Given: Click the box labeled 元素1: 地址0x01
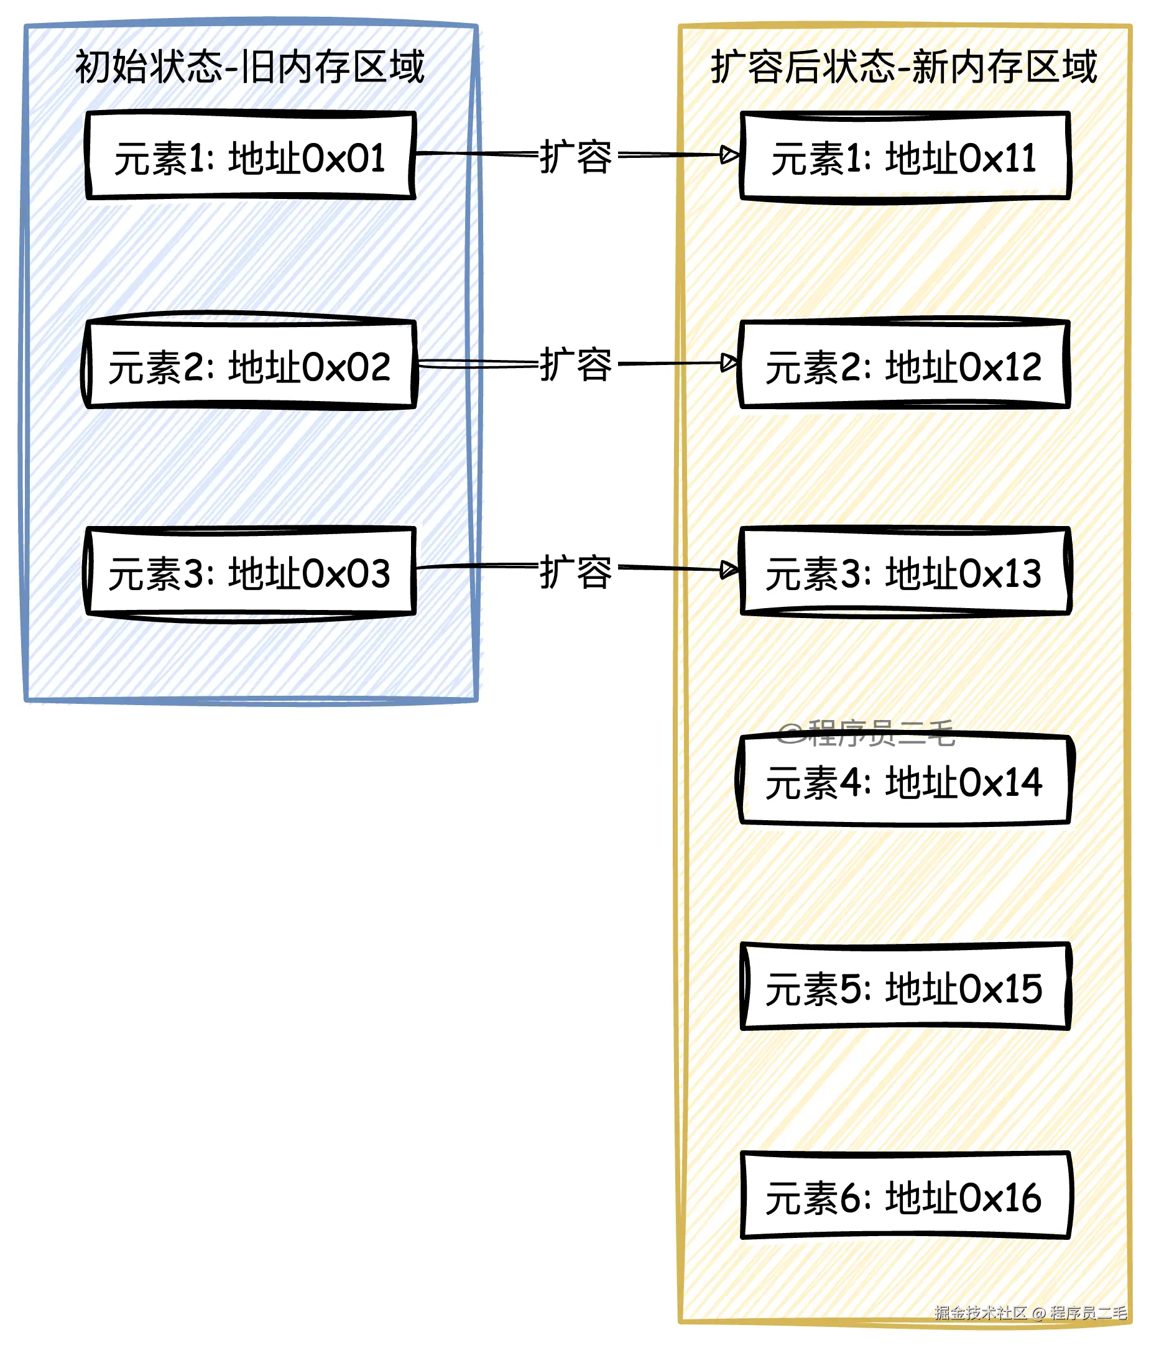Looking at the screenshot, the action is pyautogui.click(x=251, y=155).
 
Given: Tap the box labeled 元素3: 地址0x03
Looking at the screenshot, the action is pyautogui.click(x=249, y=572).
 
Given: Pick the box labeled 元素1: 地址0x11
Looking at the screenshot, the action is pyautogui.click(x=905, y=156).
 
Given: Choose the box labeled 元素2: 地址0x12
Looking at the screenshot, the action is pyautogui.click(x=903, y=364).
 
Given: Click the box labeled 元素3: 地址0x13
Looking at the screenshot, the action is pyautogui.click(x=905, y=572).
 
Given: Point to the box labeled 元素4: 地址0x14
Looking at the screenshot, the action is pyautogui.click(x=905, y=780).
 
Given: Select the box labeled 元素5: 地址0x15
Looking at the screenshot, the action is pyautogui.click(x=905, y=987).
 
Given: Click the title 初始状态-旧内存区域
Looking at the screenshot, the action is pyautogui.click(x=250, y=67).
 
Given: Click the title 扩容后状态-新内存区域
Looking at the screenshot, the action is pyautogui.click(x=903, y=67).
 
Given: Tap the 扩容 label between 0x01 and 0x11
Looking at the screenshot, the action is pyautogui.click(x=576, y=157).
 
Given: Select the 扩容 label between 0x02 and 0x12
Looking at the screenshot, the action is pyautogui.click(x=576, y=364).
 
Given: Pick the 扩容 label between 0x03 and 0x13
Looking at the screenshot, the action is pyautogui.click(x=576, y=572).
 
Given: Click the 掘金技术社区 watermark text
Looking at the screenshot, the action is pyautogui.click(x=980, y=1313).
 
